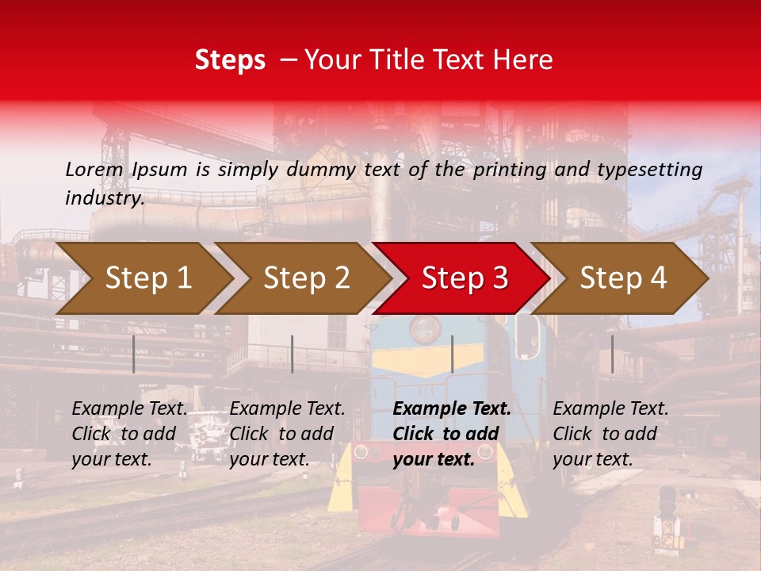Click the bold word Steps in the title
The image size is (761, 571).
click(230, 60)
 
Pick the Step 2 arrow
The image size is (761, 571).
click(305, 278)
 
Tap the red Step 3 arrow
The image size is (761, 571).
click(464, 278)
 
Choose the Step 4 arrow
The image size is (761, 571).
click(623, 278)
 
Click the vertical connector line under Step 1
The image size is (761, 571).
click(134, 354)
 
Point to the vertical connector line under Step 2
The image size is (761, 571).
click(293, 354)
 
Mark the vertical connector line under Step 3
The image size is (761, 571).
click(452, 354)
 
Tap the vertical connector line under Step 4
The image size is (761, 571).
click(612, 354)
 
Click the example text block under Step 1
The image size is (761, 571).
click(130, 434)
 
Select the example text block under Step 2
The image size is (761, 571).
click(287, 434)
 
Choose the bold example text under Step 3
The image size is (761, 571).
click(452, 434)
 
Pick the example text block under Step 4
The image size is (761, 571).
click(610, 434)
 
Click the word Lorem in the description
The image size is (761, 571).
click(94, 170)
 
